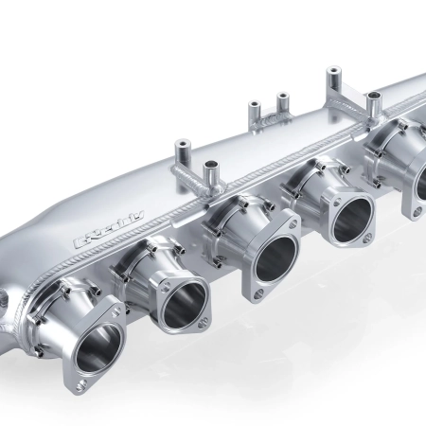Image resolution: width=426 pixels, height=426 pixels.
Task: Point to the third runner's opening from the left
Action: point(273,258)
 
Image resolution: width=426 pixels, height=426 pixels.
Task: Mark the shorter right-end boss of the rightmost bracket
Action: point(374,96)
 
